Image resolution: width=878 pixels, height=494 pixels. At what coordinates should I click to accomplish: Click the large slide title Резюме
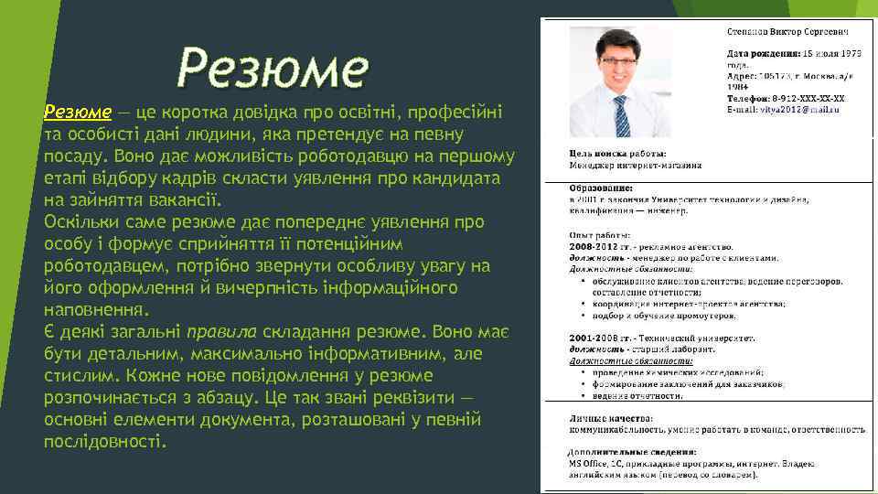click(x=273, y=67)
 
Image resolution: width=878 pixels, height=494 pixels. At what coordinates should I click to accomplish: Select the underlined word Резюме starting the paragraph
click(x=78, y=113)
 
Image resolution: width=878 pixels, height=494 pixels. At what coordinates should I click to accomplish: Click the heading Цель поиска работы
click(x=617, y=153)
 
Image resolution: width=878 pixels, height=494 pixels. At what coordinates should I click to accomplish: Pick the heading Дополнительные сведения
click(x=631, y=452)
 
